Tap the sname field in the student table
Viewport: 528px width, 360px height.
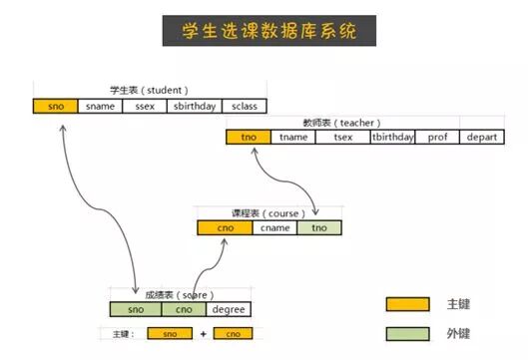click(100, 106)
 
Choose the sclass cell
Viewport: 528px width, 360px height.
click(245, 106)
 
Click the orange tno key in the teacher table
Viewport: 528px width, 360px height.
click(248, 138)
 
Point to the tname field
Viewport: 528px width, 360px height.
click(293, 138)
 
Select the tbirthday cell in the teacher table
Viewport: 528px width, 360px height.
click(392, 138)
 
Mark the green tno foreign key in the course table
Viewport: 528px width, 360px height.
click(318, 228)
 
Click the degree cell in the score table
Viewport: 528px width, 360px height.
click(229, 309)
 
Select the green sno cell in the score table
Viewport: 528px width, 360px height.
click(136, 309)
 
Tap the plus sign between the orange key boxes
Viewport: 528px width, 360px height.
click(203, 334)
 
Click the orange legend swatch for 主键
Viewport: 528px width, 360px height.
click(407, 304)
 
